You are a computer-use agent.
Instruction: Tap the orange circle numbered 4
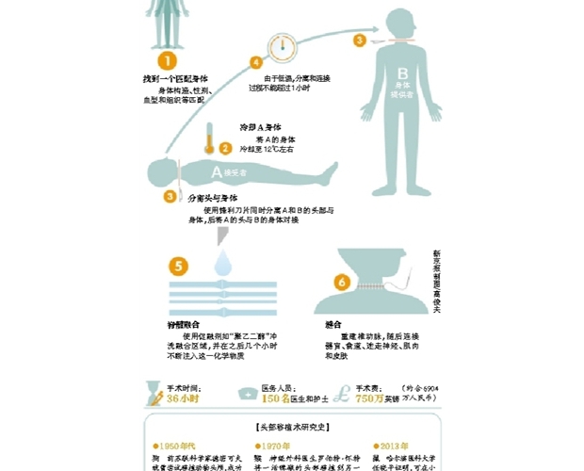[254, 62]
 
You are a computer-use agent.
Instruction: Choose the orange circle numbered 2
[225, 148]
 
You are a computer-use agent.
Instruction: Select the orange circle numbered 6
[342, 281]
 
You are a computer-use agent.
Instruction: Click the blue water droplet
[224, 263]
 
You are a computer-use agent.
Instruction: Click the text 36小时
[185, 399]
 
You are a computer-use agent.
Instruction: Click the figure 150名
[272, 399]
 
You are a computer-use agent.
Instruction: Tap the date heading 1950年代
[176, 447]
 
